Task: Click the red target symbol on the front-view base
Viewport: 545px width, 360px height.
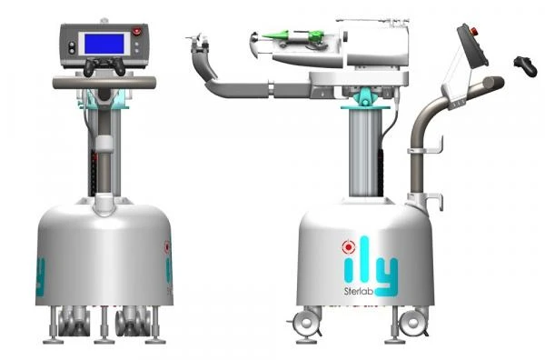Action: (x=166, y=245)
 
